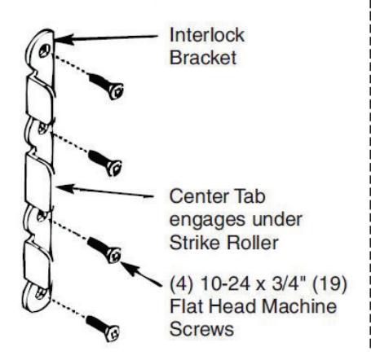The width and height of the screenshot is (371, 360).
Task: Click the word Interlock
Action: (207, 35)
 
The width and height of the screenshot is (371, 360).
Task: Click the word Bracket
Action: (203, 58)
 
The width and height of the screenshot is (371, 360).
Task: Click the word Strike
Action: (197, 243)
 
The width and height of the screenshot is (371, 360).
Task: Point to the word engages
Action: (209, 221)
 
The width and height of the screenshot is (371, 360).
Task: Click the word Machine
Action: (299, 306)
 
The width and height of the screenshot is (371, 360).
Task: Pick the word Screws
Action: (201, 329)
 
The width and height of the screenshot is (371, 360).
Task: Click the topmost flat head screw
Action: (106, 86)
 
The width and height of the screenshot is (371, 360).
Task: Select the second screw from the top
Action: (105, 164)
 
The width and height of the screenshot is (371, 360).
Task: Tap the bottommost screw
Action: (103, 328)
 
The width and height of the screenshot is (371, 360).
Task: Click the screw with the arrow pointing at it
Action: (104, 250)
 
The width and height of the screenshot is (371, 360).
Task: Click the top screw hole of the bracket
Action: (44, 50)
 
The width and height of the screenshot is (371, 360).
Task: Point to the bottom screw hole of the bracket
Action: (41, 293)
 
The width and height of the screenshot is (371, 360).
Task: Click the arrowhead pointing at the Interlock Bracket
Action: (64, 40)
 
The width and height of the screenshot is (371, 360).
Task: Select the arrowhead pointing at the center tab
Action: (65, 188)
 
